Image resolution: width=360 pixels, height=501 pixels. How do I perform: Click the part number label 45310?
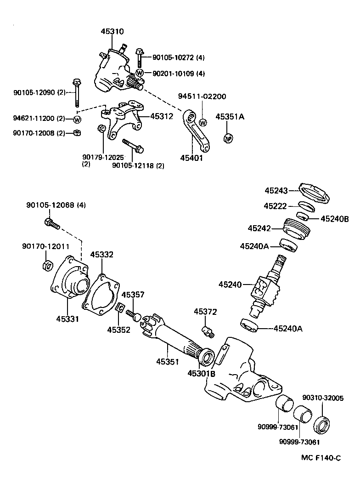112,32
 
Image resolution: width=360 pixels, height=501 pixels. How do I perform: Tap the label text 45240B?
334,219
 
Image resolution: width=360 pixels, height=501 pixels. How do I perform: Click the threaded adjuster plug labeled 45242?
294,228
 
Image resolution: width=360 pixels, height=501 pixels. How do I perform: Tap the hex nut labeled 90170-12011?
46,265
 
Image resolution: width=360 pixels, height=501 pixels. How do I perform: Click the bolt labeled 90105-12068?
52,224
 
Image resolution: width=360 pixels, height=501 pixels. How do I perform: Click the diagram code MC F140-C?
321,457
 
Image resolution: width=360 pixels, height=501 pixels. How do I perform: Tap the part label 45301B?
201,374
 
